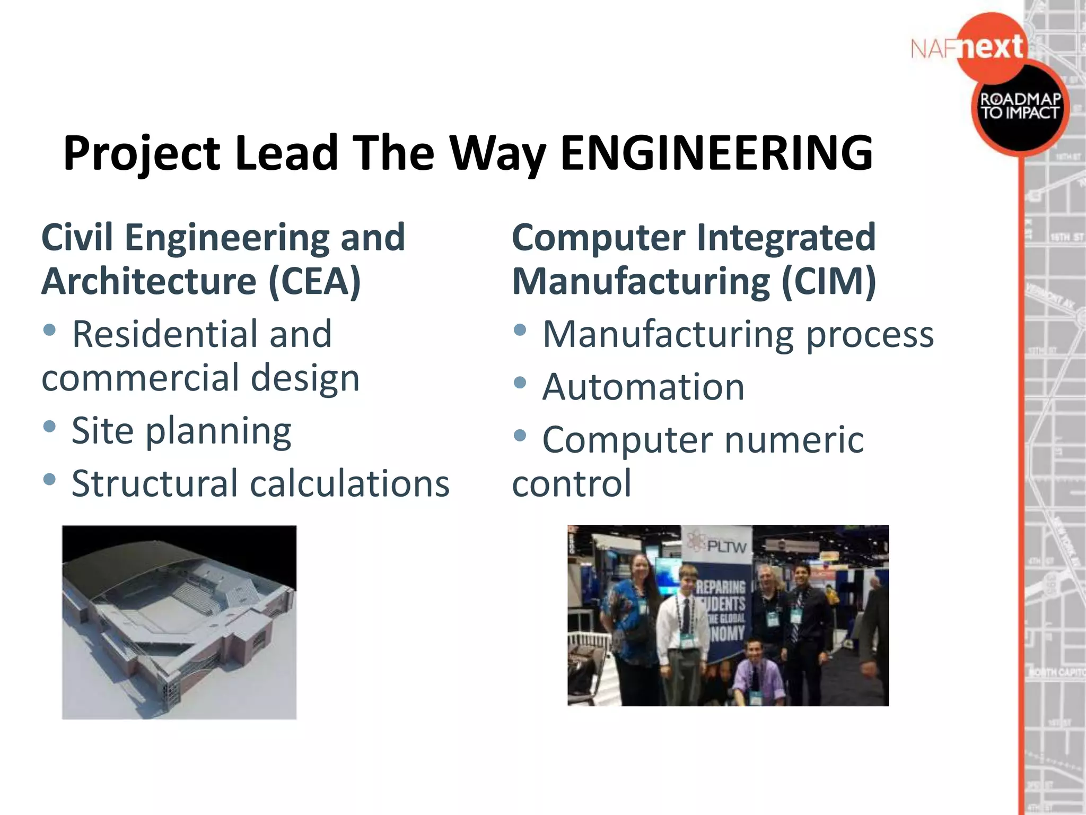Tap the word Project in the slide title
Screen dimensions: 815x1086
(141, 154)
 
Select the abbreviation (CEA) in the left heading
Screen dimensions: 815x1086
(314, 281)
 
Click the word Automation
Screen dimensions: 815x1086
(643, 387)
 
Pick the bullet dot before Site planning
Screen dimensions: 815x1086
(49, 426)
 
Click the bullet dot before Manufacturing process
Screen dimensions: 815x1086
(520, 330)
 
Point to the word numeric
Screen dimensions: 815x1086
(794, 440)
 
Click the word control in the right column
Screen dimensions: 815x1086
(572, 483)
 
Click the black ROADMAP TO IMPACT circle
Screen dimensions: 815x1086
(1019, 106)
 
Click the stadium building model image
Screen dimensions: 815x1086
(179, 622)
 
